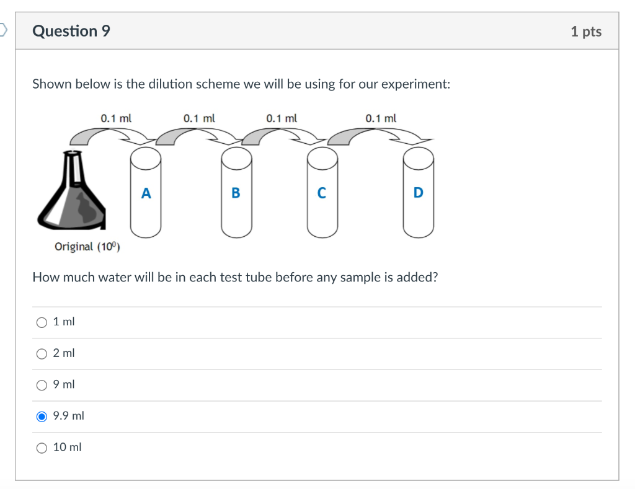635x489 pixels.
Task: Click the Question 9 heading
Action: pyautogui.click(x=71, y=31)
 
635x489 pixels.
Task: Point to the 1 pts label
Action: pyautogui.click(x=585, y=32)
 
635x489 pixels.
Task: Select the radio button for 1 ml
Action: pyautogui.click(x=42, y=322)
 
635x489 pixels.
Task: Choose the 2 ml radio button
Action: pyautogui.click(x=42, y=354)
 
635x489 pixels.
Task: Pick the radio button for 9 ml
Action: pyautogui.click(x=42, y=385)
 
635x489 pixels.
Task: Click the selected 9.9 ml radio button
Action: pyautogui.click(x=42, y=416)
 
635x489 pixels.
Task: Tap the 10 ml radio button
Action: pyautogui.click(x=42, y=448)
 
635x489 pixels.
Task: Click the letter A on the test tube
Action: pyautogui.click(x=146, y=193)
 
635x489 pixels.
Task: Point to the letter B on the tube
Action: pyautogui.click(x=236, y=193)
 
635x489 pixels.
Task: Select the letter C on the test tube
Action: pyautogui.click(x=321, y=193)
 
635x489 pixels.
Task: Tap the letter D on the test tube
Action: pyautogui.click(x=418, y=193)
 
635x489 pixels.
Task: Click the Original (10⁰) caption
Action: pyautogui.click(x=87, y=247)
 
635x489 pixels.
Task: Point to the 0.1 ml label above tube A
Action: pyautogui.click(x=115, y=118)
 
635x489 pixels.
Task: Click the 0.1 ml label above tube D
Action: pyautogui.click(x=381, y=118)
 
